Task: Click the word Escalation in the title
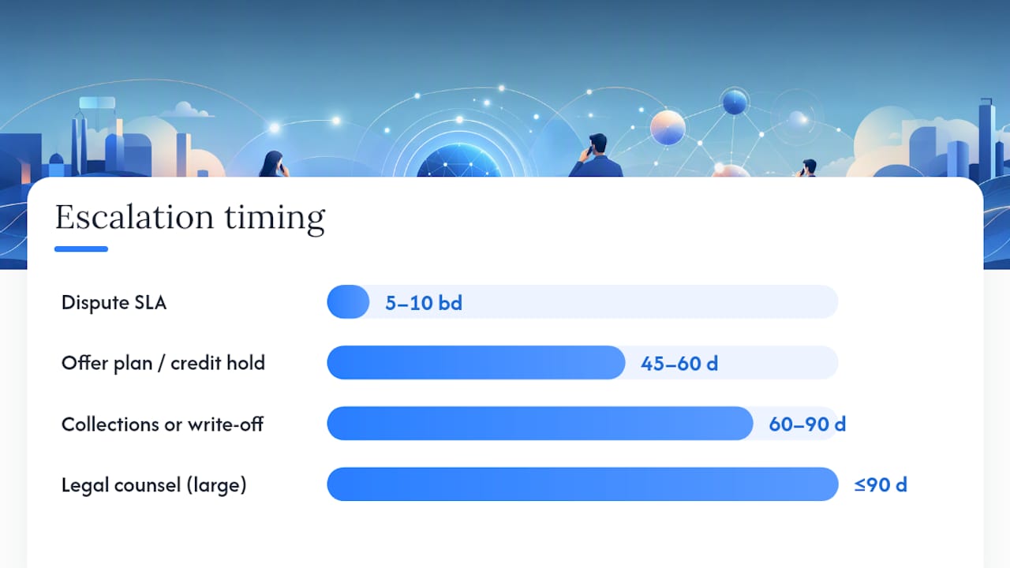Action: (x=134, y=217)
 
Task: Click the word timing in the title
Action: (x=275, y=219)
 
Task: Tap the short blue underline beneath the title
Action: (x=81, y=248)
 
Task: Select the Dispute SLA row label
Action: (x=114, y=302)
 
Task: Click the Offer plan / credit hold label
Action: (x=163, y=364)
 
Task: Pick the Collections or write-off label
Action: (x=163, y=424)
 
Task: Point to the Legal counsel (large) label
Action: (x=154, y=485)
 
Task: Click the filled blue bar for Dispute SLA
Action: (x=348, y=302)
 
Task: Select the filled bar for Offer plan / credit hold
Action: (x=476, y=362)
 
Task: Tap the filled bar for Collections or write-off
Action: (x=541, y=424)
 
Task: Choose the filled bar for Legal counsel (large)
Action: (x=582, y=484)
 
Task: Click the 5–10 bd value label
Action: (x=424, y=303)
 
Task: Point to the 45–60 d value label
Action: (x=679, y=364)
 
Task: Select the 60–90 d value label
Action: (x=807, y=424)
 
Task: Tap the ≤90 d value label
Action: (x=881, y=485)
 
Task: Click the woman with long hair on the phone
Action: (x=274, y=164)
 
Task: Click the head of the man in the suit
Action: (x=598, y=144)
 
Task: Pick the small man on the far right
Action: (x=807, y=168)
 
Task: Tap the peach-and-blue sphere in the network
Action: (x=668, y=128)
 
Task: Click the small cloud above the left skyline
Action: (x=186, y=110)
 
